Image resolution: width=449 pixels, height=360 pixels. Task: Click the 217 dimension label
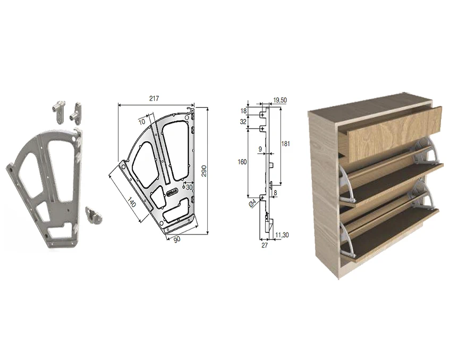154,98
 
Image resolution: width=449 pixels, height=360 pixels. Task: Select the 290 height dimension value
204,171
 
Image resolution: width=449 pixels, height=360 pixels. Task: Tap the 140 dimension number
131,202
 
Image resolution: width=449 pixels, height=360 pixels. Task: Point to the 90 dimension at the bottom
177,239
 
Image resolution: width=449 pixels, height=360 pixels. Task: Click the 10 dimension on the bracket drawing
142,122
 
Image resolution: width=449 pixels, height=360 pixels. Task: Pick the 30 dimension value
189,187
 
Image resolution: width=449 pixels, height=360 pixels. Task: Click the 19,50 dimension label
280,100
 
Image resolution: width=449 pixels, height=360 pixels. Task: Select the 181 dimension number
285,144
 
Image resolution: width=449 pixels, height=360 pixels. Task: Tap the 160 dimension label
242,162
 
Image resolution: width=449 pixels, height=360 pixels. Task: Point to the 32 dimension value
243,122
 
